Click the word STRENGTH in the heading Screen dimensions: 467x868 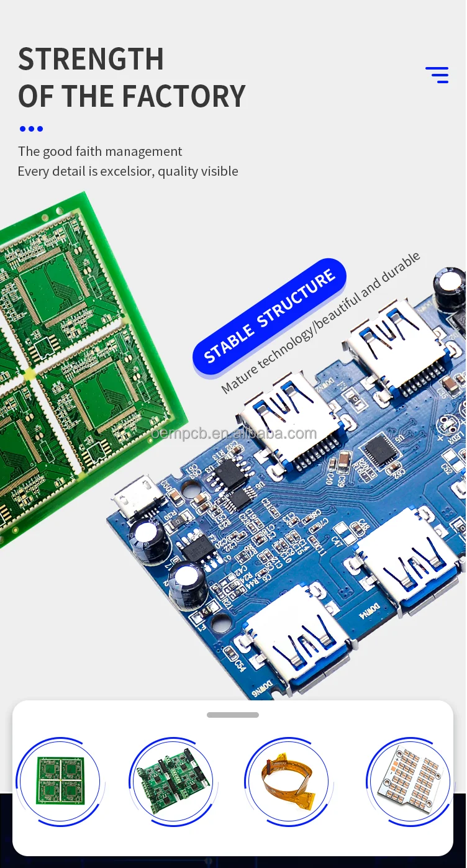[91, 60]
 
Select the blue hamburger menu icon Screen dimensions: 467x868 [437, 75]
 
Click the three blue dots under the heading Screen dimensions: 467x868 [31, 129]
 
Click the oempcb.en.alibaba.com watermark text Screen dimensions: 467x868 [234, 433]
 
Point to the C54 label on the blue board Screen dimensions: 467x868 [240, 664]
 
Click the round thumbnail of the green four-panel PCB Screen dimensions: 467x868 [60, 780]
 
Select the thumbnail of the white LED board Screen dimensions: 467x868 [407, 780]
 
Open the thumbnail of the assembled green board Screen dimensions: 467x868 [172, 781]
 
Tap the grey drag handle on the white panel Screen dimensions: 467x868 [233, 715]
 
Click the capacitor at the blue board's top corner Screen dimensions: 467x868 [449, 287]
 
